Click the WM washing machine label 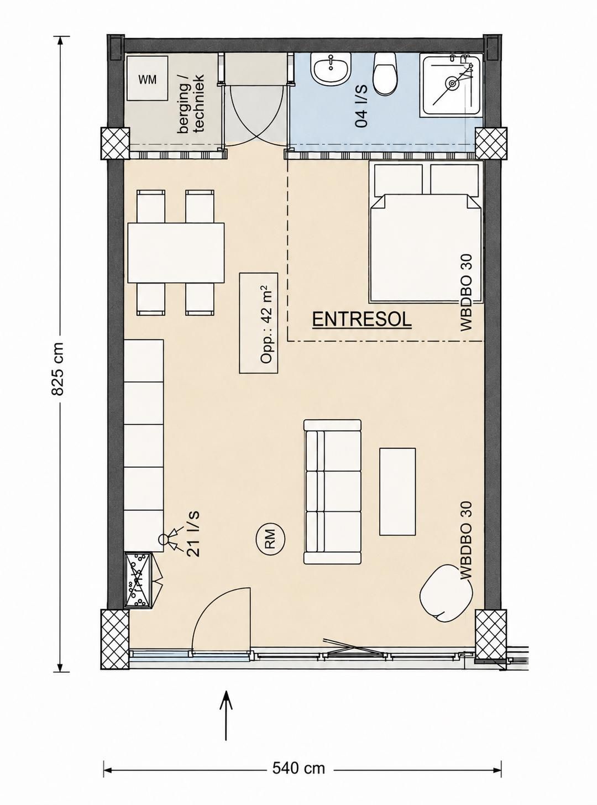148,80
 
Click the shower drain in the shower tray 452,83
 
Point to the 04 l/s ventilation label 362,106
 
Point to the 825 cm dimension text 57,369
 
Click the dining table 176,253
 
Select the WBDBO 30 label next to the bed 467,292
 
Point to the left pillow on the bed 399,179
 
